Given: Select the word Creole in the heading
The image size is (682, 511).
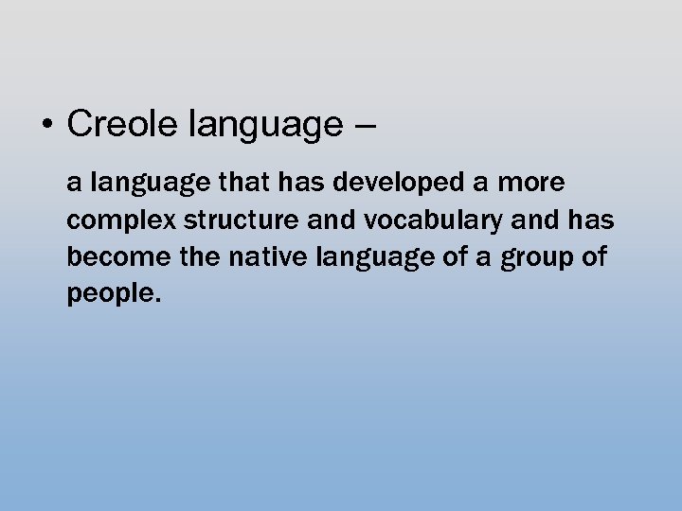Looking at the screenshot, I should [125, 124].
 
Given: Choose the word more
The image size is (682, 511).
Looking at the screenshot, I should [531, 182].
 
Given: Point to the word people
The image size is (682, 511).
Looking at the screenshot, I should [111, 294].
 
